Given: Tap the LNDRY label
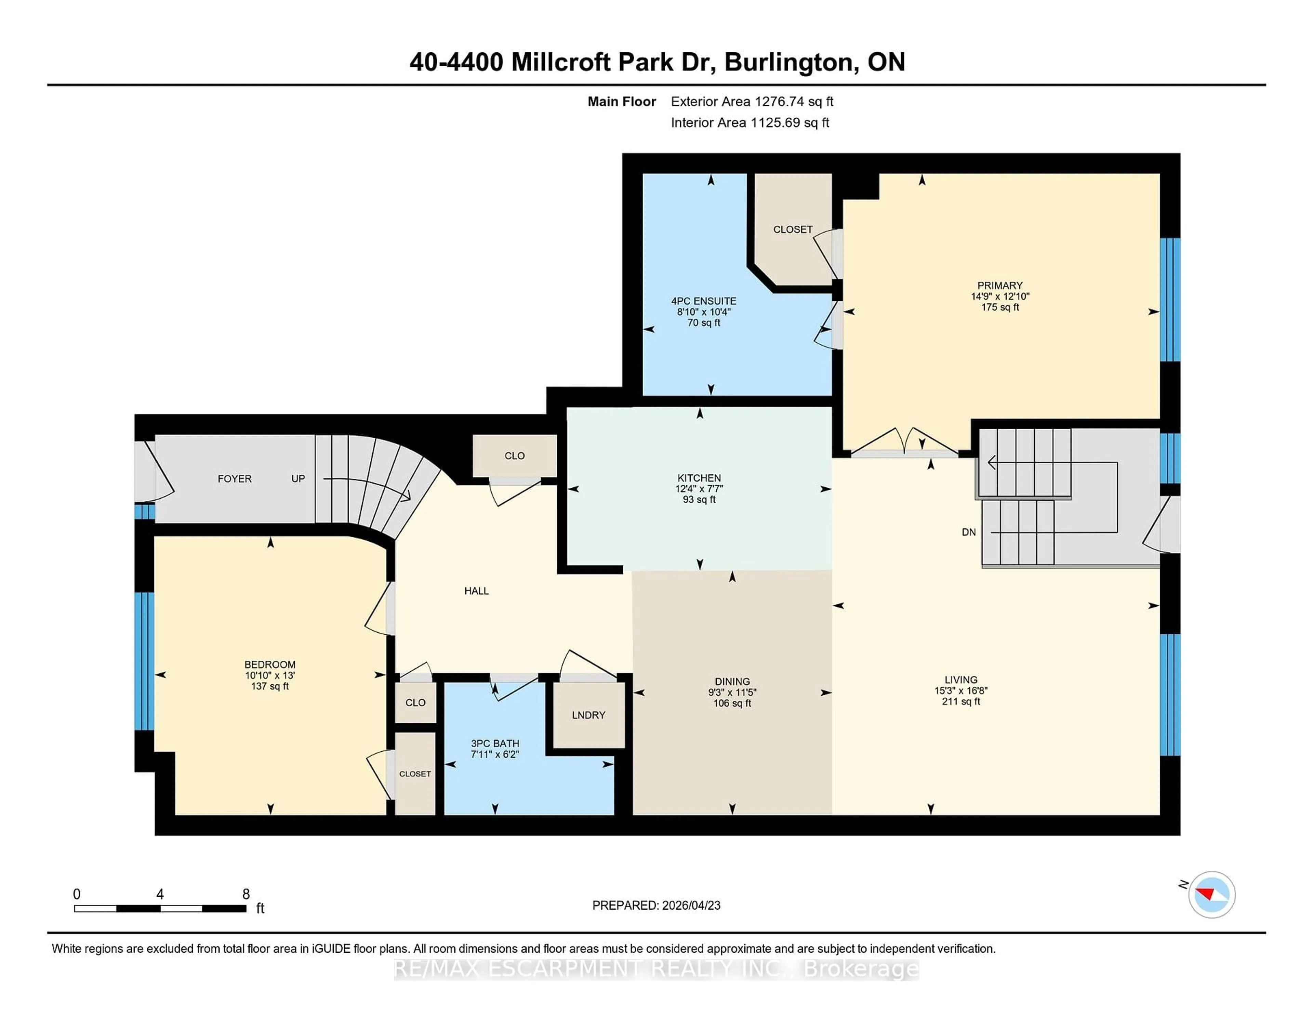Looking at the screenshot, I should click(588, 715).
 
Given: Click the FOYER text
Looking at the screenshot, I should click(235, 479).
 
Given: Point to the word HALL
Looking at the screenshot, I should click(476, 591).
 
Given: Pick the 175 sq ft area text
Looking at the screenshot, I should click(1000, 307).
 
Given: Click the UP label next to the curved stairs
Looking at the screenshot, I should click(298, 479).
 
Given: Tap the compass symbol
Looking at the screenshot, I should click(1211, 894).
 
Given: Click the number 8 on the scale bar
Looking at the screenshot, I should click(246, 894).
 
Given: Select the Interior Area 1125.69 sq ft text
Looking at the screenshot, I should click(750, 123).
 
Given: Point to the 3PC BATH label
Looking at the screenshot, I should click(495, 743).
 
